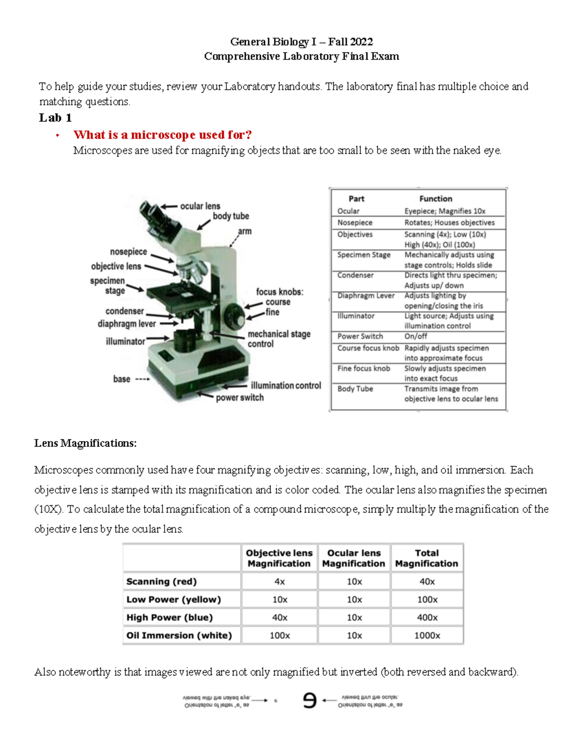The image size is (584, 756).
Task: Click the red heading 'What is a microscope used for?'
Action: (163, 135)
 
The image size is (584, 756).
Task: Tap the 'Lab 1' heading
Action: (55, 118)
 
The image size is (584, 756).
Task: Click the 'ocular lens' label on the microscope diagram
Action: (200, 206)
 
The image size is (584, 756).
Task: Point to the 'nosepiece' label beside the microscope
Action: (128, 252)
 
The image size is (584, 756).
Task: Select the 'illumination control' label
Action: (286, 386)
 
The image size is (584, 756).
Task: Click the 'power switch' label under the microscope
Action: (239, 398)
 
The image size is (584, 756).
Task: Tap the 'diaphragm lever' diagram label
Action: (127, 324)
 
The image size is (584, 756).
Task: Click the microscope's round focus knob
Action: (236, 316)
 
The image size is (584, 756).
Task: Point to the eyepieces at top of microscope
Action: (152, 213)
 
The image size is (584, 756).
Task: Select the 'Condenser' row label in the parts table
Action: (355, 275)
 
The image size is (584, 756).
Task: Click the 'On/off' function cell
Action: (416, 336)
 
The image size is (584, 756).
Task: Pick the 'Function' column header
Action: (436, 199)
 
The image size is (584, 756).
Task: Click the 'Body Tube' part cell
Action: (355, 389)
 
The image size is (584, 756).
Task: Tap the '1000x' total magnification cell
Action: (427, 635)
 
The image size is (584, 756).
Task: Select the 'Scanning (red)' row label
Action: (162, 581)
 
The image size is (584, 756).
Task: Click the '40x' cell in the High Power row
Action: (279, 617)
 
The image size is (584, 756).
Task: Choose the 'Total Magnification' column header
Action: (426, 558)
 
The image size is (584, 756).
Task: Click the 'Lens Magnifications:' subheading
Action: (86, 443)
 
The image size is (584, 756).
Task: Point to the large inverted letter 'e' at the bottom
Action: (310, 701)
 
